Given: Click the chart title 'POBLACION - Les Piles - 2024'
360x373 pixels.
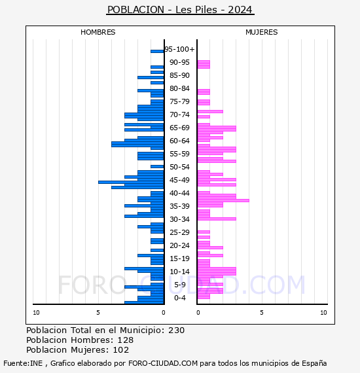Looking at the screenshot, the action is pyautogui.click(x=180, y=10).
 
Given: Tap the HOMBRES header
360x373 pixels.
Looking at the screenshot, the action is pyautogui.click(x=98, y=32).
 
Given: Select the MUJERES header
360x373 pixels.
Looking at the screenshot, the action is pyautogui.click(x=262, y=32).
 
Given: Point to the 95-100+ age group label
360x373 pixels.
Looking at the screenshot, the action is pyautogui.click(x=179, y=49).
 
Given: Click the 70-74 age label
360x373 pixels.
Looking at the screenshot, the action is pyautogui.click(x=179, y=115).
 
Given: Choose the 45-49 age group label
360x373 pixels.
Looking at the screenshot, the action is pyautogui.click(x=179, y=180).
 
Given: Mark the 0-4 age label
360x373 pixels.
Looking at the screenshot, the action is pyautogui.click(x=179, y=298).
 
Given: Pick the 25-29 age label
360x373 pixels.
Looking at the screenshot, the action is pyautogui.click(x=179, y=232).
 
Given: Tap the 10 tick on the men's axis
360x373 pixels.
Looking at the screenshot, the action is pyautogui.click(x=36, y=313).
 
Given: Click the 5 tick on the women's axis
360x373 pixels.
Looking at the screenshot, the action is pyautogui.click(x=262, y=313).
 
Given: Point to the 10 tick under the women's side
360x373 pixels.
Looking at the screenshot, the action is pyautogui.click(x=323, y=313).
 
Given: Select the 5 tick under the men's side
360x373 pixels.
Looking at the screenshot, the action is pyautogui.click(x=98, y=313).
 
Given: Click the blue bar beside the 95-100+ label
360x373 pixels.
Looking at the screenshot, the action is pyautogui.click(x=157, y=52).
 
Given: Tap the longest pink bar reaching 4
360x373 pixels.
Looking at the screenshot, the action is pyautogui.click(x=223, y=200).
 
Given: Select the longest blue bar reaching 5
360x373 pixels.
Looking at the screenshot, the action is pyautogui.click(x=131, y=182).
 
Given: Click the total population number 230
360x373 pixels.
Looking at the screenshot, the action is pyautogui.click(x=176, y=330).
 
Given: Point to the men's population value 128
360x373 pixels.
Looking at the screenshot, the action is pyautogui.click(x=126, y=340).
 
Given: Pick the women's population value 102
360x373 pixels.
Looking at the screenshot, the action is pyautogui.click(x=121, y=349).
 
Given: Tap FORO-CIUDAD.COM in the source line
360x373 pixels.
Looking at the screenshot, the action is pyautogui.click(x=163, y=363).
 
